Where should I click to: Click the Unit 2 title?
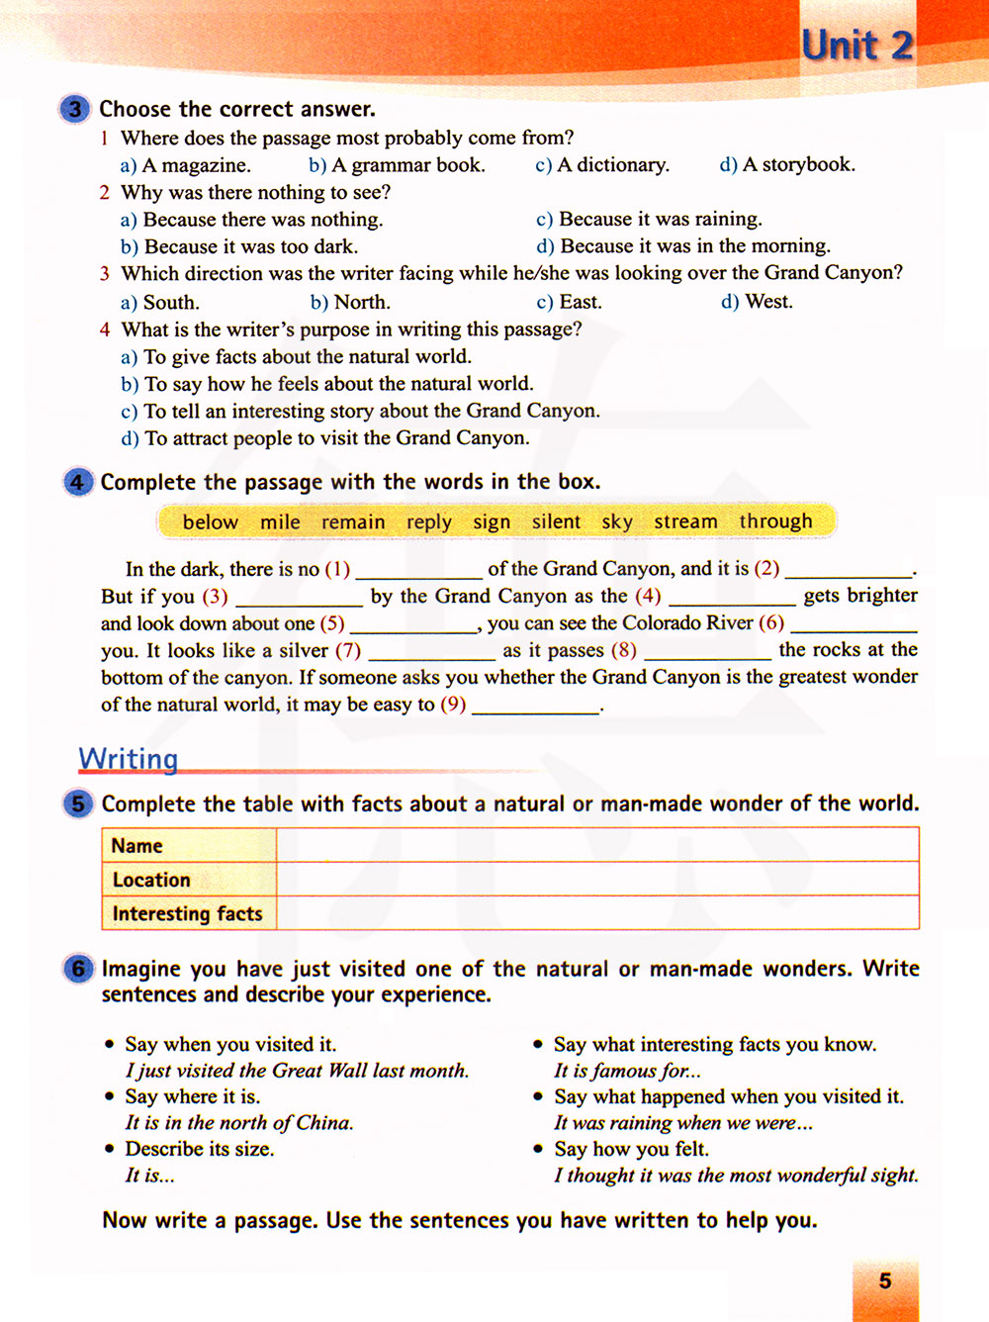tap(856, 46)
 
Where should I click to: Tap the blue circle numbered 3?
tap(75, 109)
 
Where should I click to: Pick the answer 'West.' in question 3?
tap(768, 302)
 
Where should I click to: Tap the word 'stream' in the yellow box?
tap(685, 521)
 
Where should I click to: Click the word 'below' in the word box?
tap(210, 521)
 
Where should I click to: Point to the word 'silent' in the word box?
tap(556, 521)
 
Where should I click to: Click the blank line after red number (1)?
tap(418, 572)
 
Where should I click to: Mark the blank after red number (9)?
tap(535, 708)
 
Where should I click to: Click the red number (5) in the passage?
tap(331, 623)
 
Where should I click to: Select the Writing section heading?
tap(129, 759)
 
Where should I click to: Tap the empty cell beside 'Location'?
tap(596, 880)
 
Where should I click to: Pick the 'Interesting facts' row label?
tap(187, 913)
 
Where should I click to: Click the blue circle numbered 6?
tap(78, 969)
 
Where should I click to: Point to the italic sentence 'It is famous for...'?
tap(627, 1071)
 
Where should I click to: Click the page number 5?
tap(885, 1280)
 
